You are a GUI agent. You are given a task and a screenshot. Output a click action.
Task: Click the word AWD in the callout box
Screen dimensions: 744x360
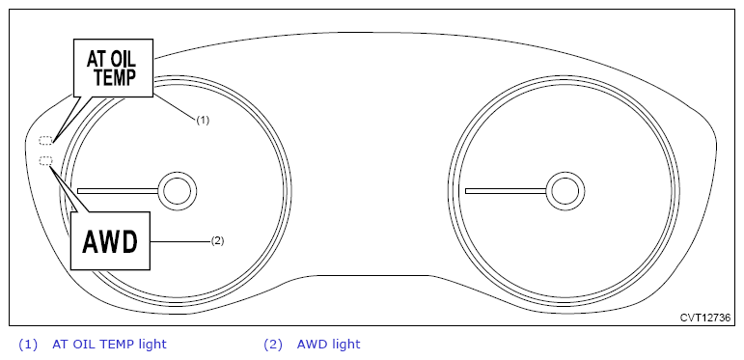coord(110,242)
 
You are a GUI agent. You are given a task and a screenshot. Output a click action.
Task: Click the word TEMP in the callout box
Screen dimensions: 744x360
coord(115,77)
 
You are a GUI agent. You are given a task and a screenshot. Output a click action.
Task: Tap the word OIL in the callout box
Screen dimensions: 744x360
coord(124,59)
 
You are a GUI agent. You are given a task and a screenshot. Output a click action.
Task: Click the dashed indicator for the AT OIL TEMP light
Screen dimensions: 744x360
coord(45,140)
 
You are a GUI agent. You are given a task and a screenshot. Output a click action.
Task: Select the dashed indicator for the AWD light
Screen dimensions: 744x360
coord(45,161)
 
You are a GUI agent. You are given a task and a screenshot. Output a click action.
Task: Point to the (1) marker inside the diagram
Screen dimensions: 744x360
coord(203,120)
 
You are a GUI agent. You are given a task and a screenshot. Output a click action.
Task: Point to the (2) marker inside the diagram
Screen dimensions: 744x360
coord(217,241)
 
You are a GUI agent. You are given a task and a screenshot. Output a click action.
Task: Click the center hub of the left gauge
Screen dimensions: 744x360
coord(178,191)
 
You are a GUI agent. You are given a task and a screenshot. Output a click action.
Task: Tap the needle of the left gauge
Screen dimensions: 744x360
coord(119,191)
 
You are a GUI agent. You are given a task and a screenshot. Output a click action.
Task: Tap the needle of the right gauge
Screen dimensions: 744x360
coord(507,191)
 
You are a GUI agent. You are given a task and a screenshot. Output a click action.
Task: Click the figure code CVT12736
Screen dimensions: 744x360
coord(705,318)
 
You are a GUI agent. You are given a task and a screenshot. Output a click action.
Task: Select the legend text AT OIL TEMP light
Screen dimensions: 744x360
coord(109,344)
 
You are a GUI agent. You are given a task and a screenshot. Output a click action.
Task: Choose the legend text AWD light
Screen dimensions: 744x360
coord(328,344)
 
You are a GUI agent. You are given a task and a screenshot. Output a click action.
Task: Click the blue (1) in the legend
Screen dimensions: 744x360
coord(28,345)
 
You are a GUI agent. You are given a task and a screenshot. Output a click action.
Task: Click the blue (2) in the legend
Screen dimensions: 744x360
coord(273,345)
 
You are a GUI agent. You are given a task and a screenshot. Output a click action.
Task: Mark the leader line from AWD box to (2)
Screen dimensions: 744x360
coord(180,241)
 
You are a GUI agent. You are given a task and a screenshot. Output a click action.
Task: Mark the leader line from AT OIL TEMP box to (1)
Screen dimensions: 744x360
coord(175,106)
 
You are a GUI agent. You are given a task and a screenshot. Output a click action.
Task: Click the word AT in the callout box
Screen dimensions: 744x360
coord(96,59)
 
